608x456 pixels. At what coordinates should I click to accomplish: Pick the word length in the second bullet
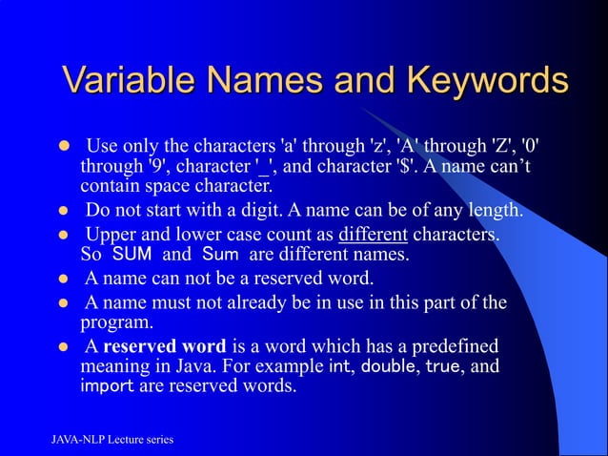pyautogui.click(x=497, y=210)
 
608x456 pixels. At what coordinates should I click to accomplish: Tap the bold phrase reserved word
pyautogui.click(x=164, y=344)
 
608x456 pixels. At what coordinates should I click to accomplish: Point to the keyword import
pyautogui.click(x=106, y=388)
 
